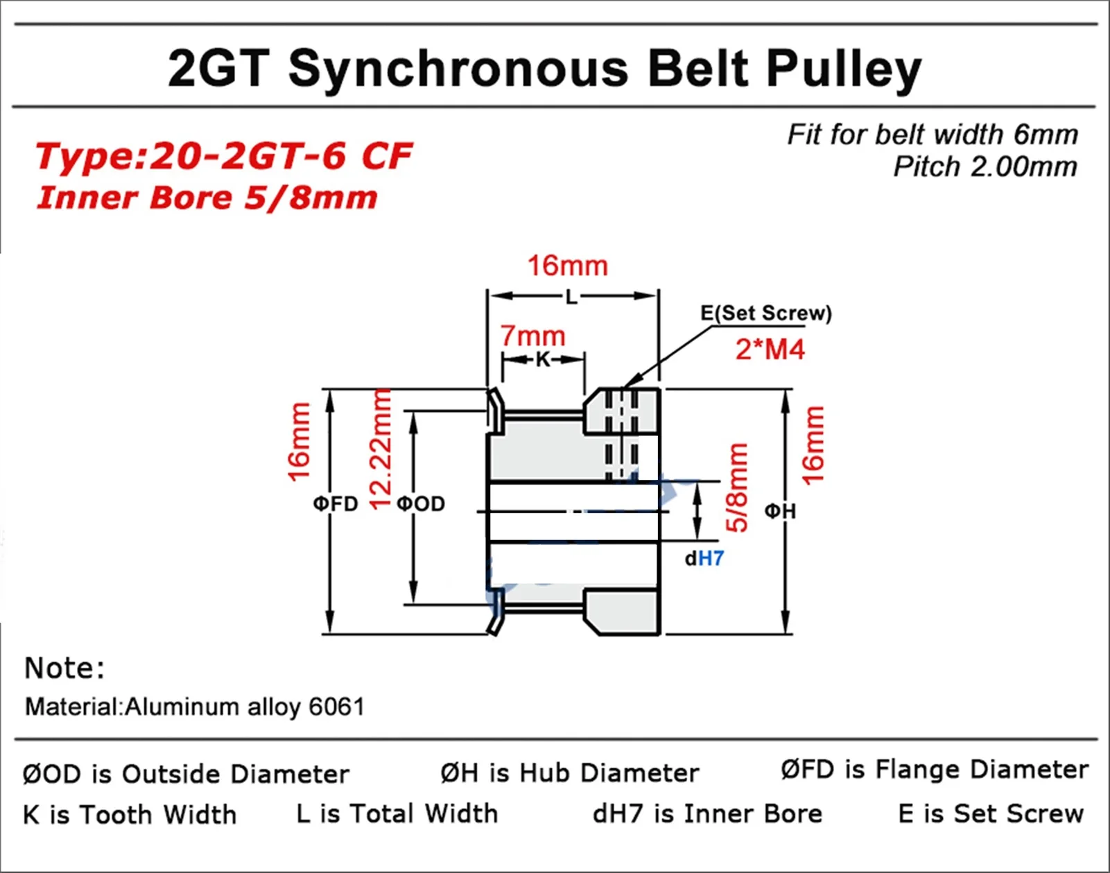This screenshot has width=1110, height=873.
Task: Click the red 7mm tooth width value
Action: pyautogui.click(x=532, y=336)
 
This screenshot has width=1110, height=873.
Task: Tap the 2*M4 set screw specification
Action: pyautogui.click(x=770, y=349)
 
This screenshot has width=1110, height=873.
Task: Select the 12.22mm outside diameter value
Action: pyautogui.click(x=381, y=449)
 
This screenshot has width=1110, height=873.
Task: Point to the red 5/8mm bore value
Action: pyautogui.click(x=737, y=487)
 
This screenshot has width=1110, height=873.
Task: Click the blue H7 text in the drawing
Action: pyautogui.click(x=711, y=558)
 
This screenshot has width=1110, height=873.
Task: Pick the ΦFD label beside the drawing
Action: pyautogui.click(x=336, y=503)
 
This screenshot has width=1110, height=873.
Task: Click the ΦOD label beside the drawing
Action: pyautogui.click(x=421, y=503)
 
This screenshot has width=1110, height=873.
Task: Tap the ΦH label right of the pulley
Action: pyautogui.click(x=780, y=512)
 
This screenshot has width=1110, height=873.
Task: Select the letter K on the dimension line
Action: pyautogui.click(x=543, y=359)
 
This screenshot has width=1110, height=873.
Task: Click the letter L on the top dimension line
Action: pyautogui.click(x=571, y=297)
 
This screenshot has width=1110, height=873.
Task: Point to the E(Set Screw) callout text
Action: pyautogui.click(x=765, y=313)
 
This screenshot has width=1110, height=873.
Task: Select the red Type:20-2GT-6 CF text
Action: pyautogui.click(x=223, y=156)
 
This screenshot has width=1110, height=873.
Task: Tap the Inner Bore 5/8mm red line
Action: pyautogui.click(x=207, y=198)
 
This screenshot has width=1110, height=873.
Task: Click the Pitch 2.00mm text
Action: pyautogui.click(x=985, y=167)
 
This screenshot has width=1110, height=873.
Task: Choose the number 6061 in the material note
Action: pyautogui.click(x=336, y=707)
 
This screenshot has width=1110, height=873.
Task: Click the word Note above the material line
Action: pyautogui.click(x=64, y=668)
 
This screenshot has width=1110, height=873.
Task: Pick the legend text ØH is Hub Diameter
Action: pyautogui.click(x=569, y=772)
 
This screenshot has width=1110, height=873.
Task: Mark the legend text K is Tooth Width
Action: pyautogui.click(x=130, y=814)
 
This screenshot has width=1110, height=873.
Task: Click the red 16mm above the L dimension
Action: pyautogui.click(x=567, y=266)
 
